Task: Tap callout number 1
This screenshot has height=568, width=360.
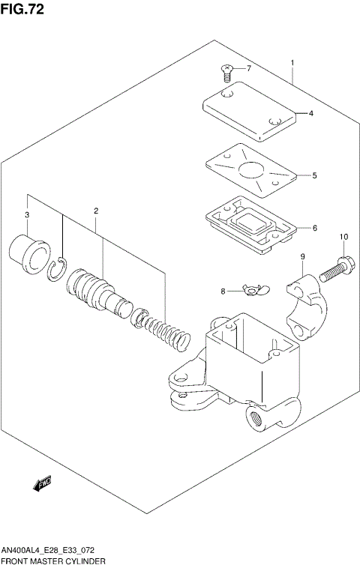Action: [292, 63]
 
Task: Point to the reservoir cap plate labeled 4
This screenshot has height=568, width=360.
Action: [250, 112]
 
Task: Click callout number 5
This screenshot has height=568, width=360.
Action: [315, 176]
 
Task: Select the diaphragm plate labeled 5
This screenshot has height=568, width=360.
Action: [248, 172]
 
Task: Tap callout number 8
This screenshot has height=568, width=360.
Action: [223, 291]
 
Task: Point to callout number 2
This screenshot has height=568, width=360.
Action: [96, 211]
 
